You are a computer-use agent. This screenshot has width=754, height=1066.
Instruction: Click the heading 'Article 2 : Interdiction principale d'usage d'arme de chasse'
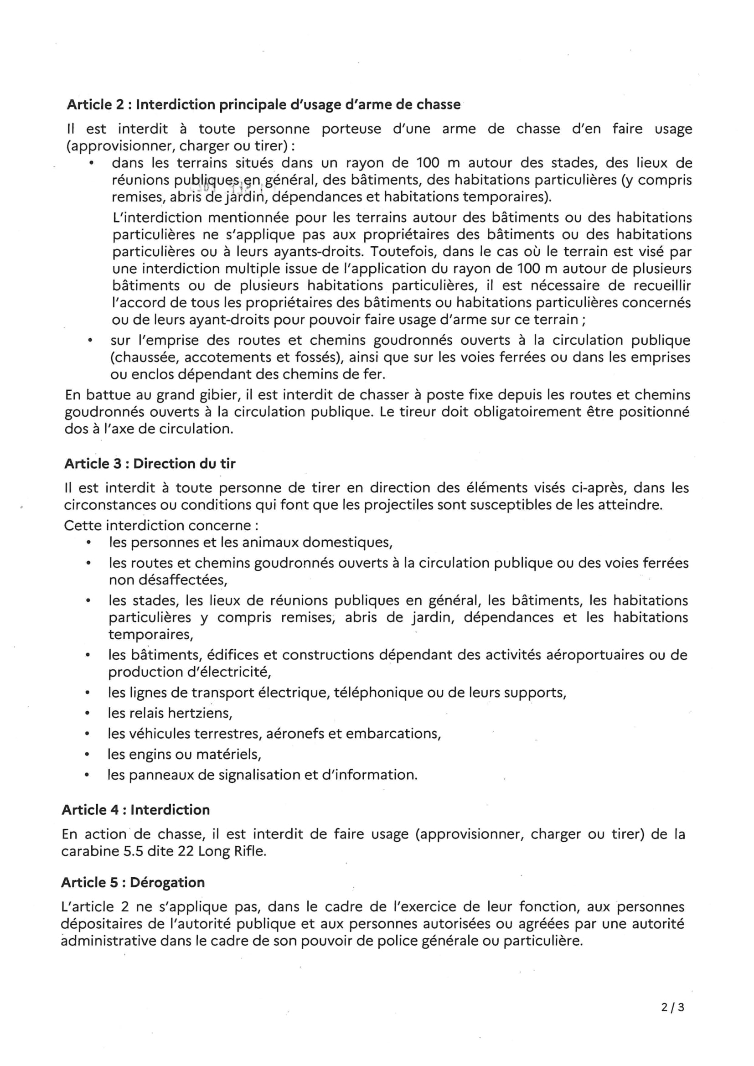(x=263, y=105)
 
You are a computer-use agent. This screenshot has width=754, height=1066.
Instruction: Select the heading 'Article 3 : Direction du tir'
(x=150, y=463)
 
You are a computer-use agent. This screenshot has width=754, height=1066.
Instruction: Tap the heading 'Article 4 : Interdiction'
(x=135, y=810)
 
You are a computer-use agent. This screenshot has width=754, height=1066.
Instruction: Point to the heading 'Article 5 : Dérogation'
(x=133, y=882)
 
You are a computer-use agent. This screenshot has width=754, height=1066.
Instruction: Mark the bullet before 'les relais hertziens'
(x=87, y=713)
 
